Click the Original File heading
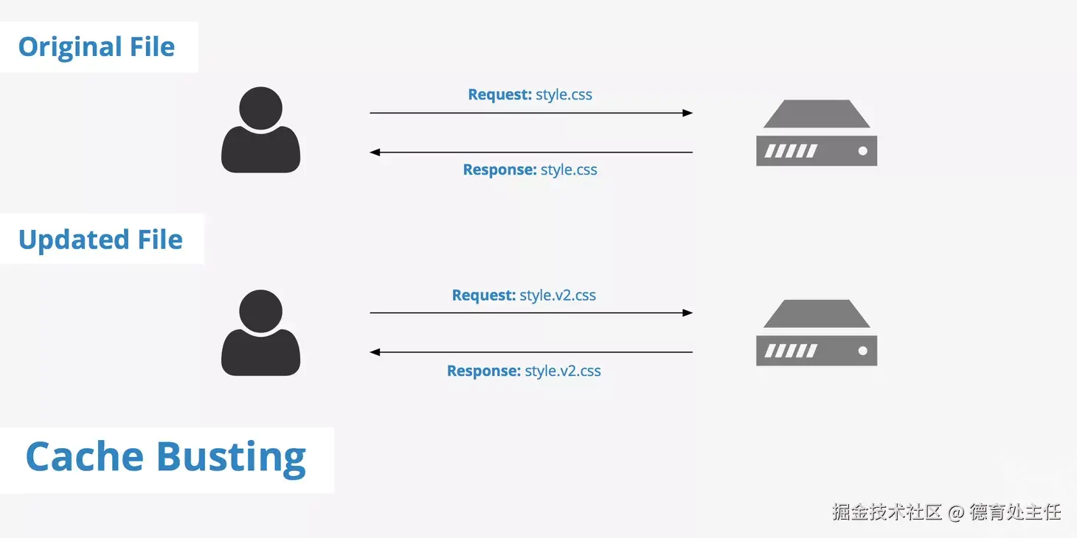point(97,47)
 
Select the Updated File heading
point(100,240)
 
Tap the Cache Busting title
point(165,457)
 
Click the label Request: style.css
point(530,95)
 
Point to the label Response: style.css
point(530,170)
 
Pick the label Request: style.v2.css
point(524,296)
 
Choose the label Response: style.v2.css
point(524,371)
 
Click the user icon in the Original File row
point(260,130)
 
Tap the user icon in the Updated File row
point(260,333)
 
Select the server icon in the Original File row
point(817,133)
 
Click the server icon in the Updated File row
point(817,333)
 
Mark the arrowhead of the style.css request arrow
point(688,113)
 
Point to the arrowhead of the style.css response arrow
point(375,153)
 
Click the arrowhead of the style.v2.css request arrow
point(688,312)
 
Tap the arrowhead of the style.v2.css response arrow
point(375,352)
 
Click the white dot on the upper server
point(862,151)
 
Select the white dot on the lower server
point(862,352)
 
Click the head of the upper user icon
point(260,107)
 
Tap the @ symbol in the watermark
point(956,512)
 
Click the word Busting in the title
point(231,457)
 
